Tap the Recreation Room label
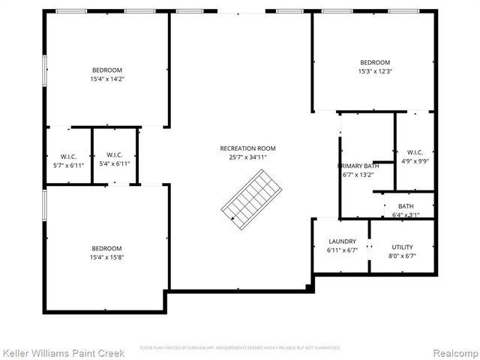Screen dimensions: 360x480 click(243, 148)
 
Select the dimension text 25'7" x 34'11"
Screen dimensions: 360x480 click(243, 157)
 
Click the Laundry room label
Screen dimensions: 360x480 click(341, 241)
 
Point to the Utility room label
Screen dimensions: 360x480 click(402, 247)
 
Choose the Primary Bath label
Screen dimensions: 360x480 click(358, 166)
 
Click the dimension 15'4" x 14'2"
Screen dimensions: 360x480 click(106, 78)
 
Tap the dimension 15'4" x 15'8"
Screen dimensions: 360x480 click(106, 258)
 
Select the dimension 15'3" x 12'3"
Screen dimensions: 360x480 click(375, 71)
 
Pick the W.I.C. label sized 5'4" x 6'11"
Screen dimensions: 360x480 click(114, 154)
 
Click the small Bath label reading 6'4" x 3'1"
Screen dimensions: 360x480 click(406, 206)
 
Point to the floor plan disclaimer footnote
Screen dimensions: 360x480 click(240, 348)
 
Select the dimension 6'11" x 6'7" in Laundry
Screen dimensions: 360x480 click(341, 251)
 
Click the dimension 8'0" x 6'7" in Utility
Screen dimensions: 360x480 click(402, 256)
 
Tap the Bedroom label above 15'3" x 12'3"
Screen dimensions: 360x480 click(375, 62)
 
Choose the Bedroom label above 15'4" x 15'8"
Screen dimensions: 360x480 click(106, 248)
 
